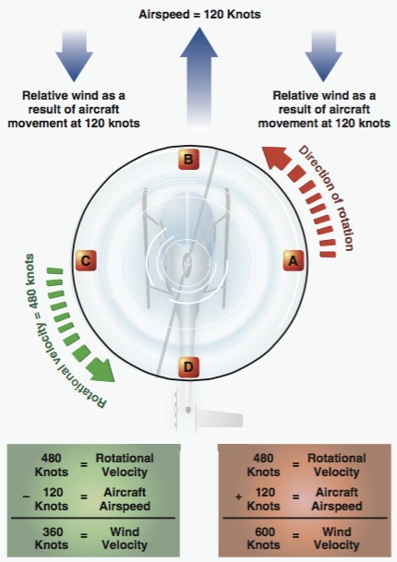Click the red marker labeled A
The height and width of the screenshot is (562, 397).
[294, 260]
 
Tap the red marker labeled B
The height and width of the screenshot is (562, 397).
[188, 159]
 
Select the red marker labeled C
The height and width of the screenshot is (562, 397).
[86, 260]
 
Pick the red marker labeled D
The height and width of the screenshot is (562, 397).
[188, 366]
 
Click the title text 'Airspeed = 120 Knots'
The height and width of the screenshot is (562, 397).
[199, 15]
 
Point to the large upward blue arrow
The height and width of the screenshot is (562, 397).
[199, 78]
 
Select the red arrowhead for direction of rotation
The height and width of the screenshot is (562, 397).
[276, 158]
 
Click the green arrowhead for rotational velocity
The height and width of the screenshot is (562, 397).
[101, 368]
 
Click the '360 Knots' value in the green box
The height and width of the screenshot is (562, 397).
[51, 538]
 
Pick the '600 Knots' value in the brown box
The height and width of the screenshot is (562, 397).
[264, 538]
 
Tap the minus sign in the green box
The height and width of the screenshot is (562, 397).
[26, 496]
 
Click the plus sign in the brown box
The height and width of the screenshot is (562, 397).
[238, 496]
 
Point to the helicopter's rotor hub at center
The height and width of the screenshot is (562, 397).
[186, 260]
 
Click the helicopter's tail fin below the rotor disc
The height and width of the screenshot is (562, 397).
[220, 419]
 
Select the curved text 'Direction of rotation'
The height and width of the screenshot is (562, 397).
[326, 197]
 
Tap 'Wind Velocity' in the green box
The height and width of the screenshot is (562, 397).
[125, 538]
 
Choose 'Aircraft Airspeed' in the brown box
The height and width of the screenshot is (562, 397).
[337, 499]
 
